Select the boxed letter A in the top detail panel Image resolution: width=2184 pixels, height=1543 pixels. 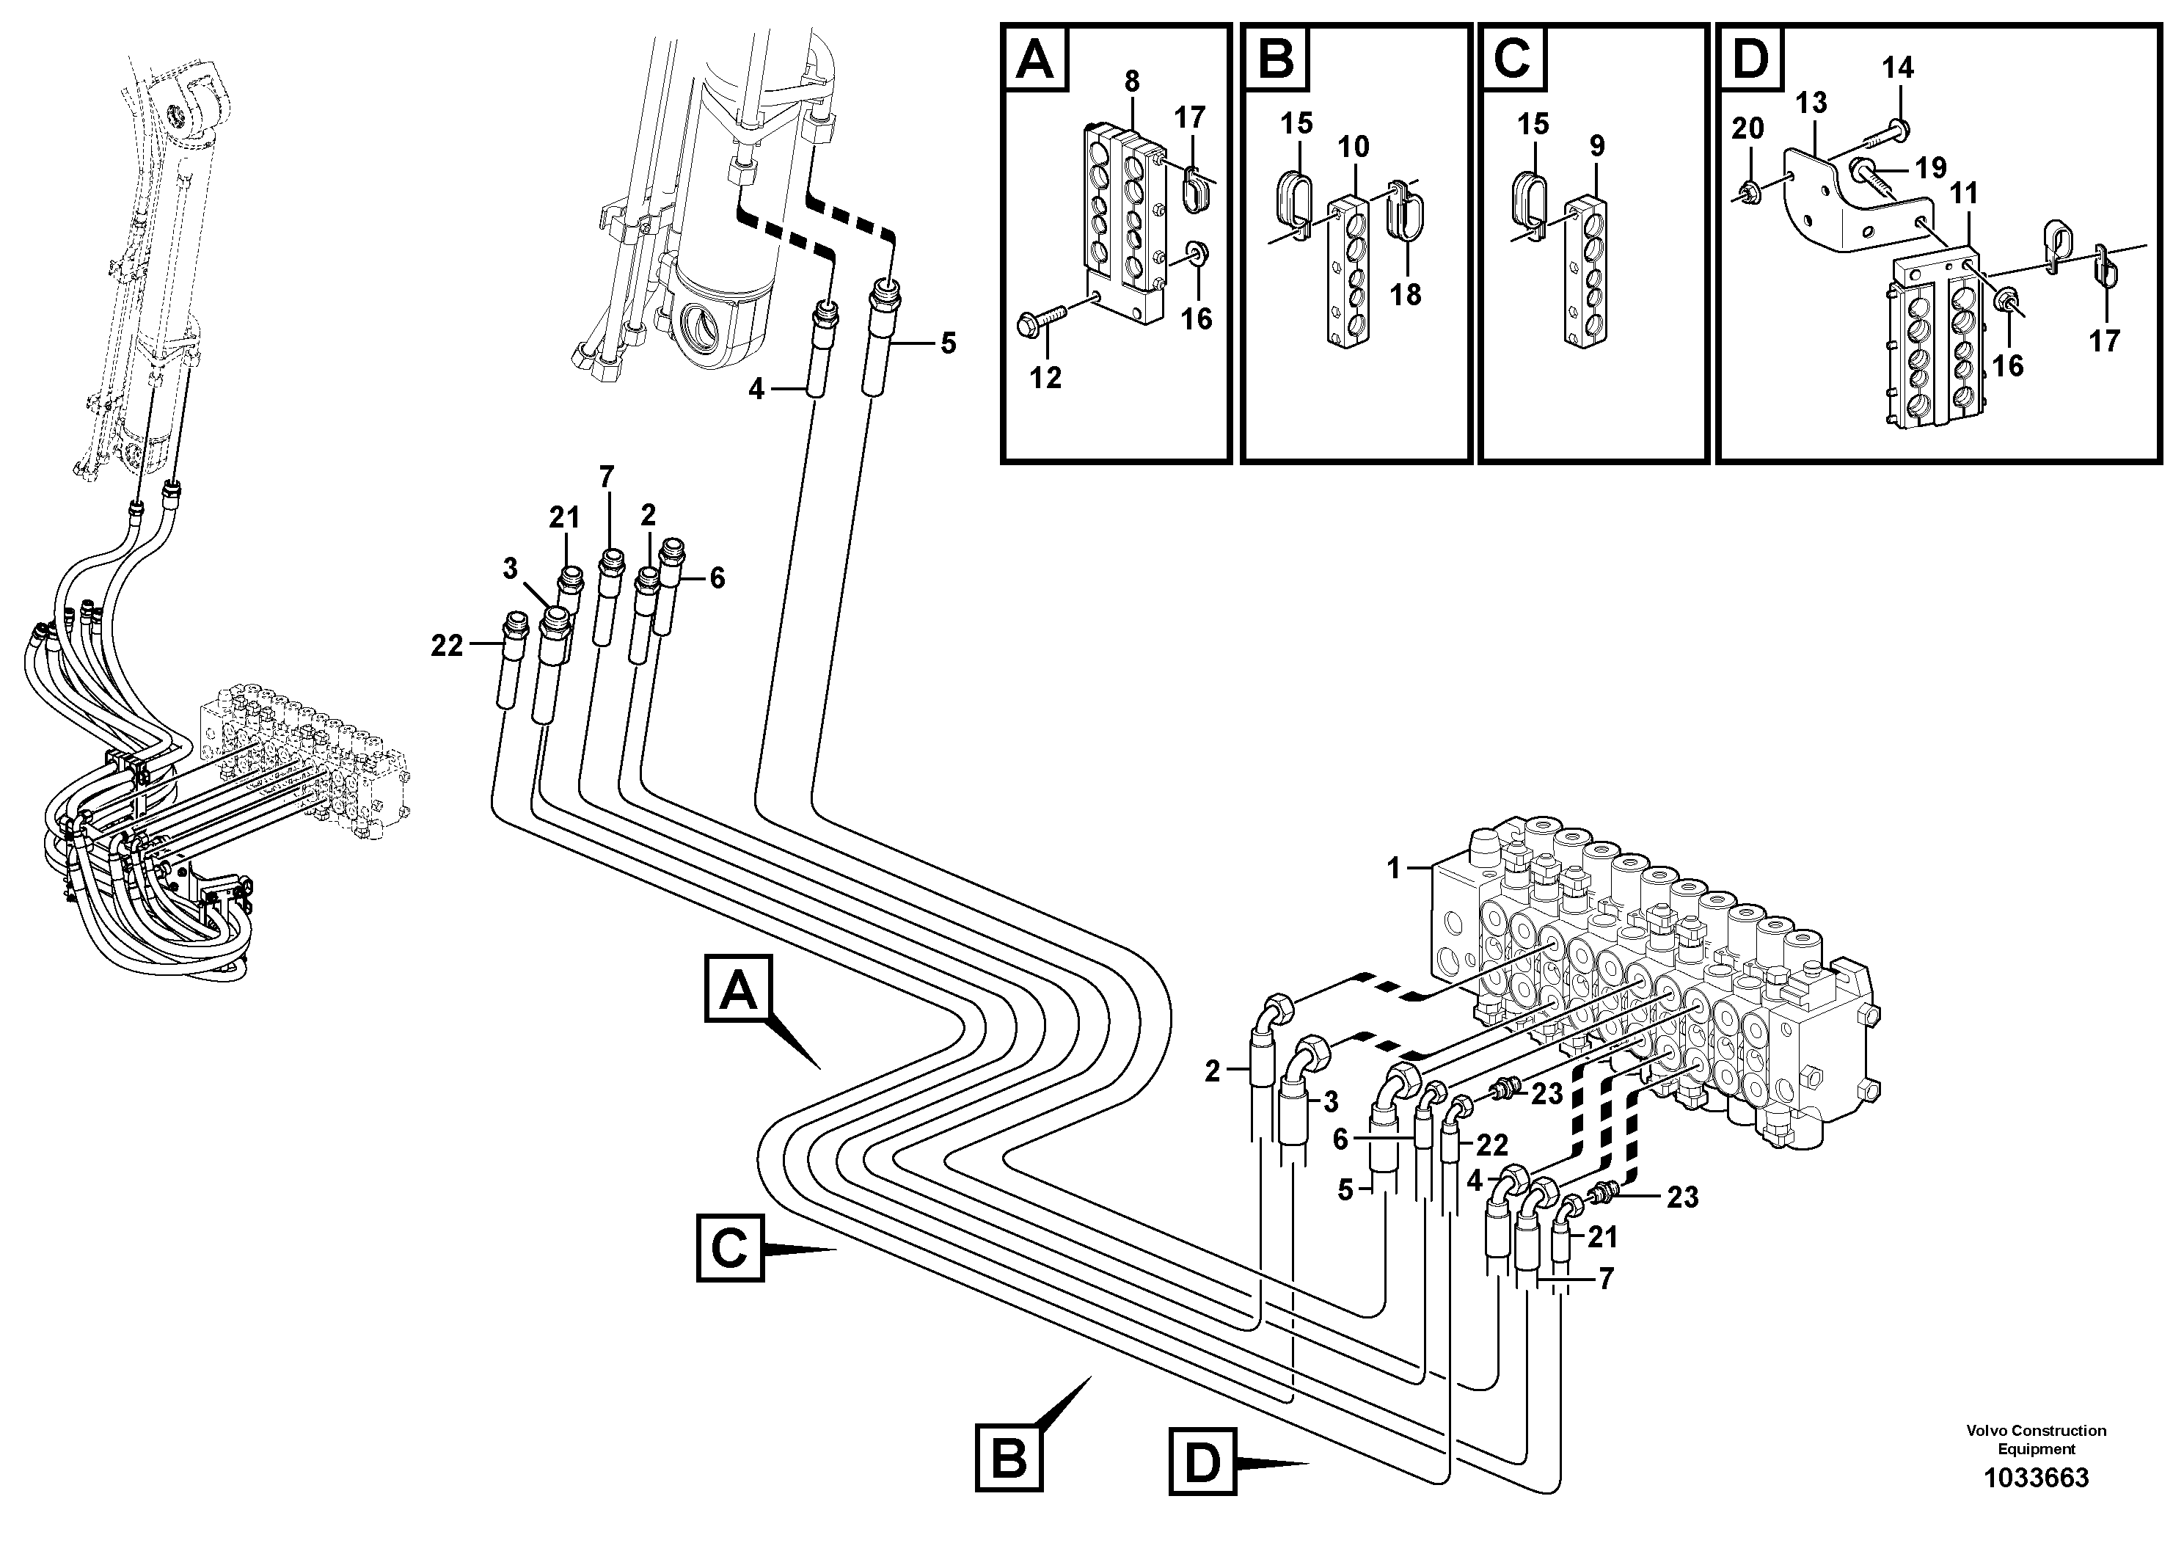(x=1035, y=58)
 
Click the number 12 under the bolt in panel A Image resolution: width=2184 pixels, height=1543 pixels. (x=1045, y=378)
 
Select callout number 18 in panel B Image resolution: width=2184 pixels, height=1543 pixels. (x=1405, y=294)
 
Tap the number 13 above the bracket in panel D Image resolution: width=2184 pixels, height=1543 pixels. (x=1811, y=103)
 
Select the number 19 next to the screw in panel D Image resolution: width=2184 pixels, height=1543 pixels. (x=1930, y=168)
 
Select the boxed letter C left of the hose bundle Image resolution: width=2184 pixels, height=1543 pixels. (x=729, y=1247)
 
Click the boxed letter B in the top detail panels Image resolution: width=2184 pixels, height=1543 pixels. (x=1274, y=58)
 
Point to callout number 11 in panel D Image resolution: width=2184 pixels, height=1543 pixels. (x=1963, y=194)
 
